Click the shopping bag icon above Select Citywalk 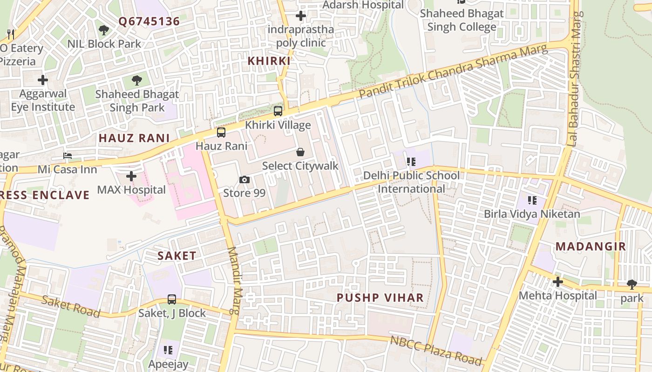click(x=300, y=152)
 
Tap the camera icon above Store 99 click(x=244, y=179)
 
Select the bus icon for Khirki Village click(x=278, y=111)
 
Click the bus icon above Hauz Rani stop click(x=221, y=133)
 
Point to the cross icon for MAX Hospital click(x=131, y=176)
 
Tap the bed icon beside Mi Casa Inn click(x=68, y=156)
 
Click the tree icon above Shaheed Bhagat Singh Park click(x=136, y=80)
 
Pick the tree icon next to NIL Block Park click(x=104, y=30)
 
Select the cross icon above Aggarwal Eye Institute click(x=43, y=80)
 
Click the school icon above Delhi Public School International click(x=411, y=162)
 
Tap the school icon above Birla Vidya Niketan click(x=532, y=200)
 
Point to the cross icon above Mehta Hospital click(x=557, y=282)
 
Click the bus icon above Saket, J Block click(x=172, y=299)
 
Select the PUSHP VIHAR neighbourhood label click(x=380, y=298)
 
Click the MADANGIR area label click(x=591, y=246)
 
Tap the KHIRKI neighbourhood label click(x=269, y=61)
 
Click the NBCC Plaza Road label click(x=436, y=350)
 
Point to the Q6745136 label click(x=149, y=21)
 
